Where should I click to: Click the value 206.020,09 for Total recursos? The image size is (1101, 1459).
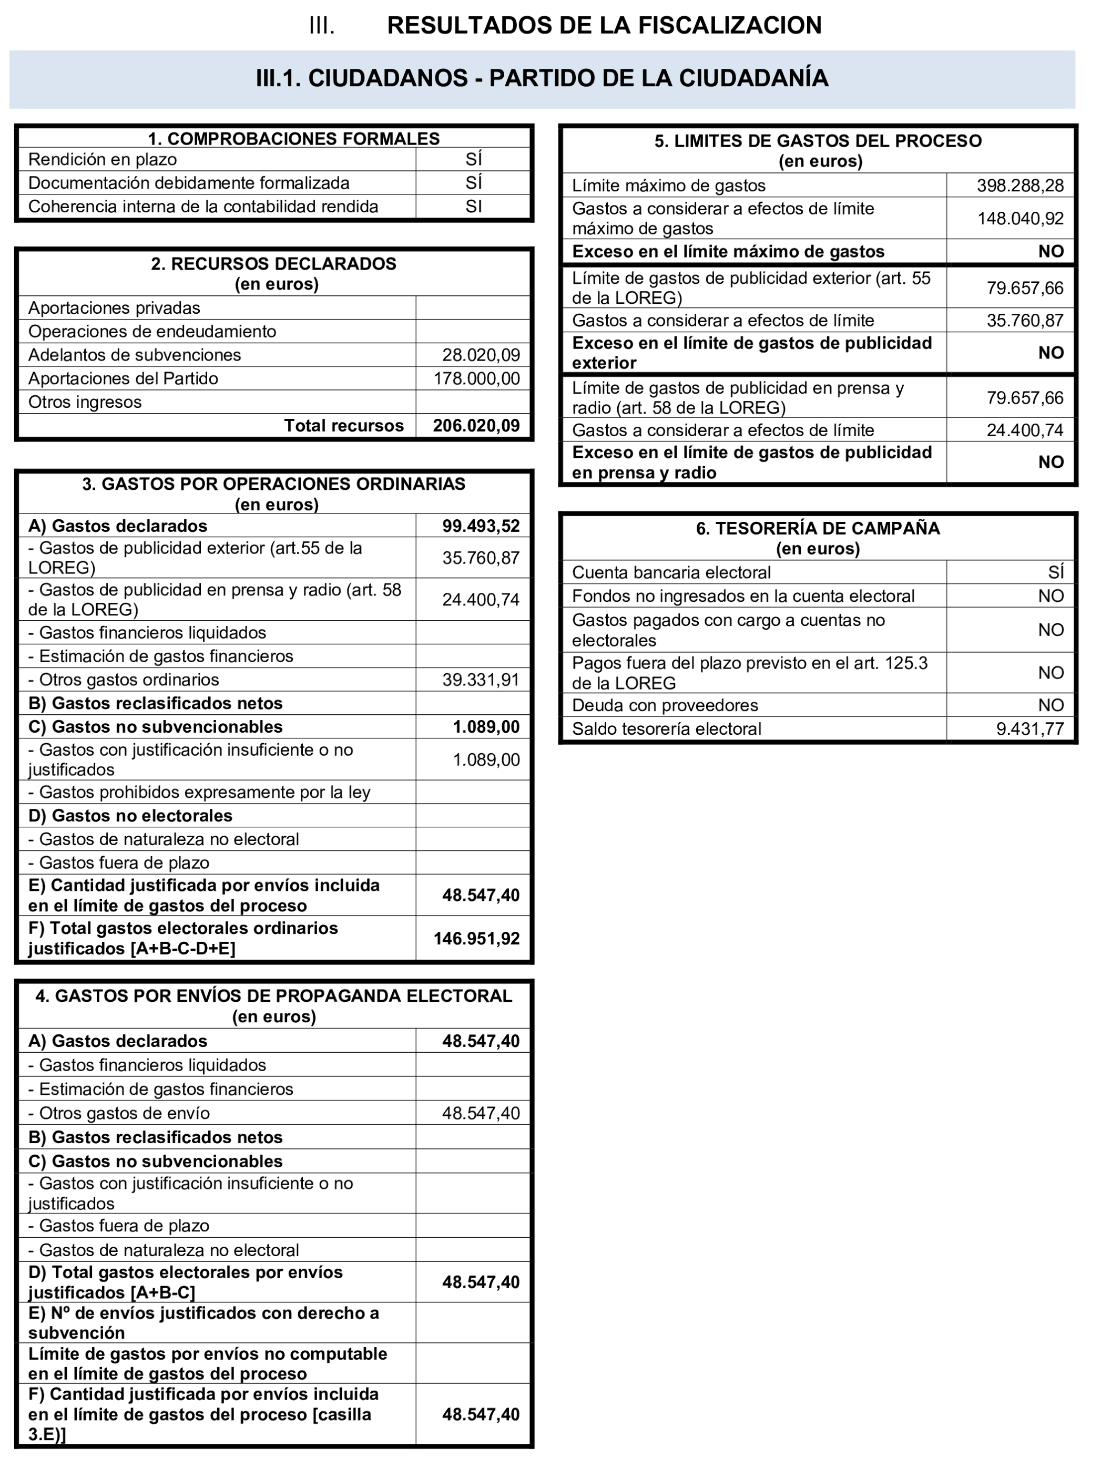[x=476, y=425]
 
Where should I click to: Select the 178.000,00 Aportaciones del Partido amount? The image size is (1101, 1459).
[x=476, y=378]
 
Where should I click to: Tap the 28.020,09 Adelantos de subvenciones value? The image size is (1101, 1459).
[x=481, y=355]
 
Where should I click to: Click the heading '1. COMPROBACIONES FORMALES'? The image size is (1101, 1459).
[x=293, y=139]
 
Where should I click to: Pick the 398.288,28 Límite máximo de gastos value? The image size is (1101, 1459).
[x=1020, y=186]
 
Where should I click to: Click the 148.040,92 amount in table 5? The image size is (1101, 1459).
[x=1020, y=218]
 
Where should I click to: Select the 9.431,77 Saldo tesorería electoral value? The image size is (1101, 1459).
[x=1029, y=729]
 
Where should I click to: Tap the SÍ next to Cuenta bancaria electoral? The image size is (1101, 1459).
[x=1055, y=572]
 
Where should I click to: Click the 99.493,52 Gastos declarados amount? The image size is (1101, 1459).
[x=481, y=526]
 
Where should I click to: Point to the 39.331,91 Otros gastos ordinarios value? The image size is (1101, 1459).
[x=481, y=680]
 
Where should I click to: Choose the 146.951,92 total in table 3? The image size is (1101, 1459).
[x=476, y=939]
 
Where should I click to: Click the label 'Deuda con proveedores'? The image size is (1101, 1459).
[x=665, y=706]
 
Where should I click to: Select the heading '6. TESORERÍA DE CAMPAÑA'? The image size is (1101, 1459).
[x=818, y=528]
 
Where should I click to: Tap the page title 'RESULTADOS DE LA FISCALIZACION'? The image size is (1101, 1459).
[x=604, y=25]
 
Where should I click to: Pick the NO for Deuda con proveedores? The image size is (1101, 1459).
[x=1050, y=706]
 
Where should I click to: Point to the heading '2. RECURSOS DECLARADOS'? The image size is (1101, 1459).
[x=274, y=264]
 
